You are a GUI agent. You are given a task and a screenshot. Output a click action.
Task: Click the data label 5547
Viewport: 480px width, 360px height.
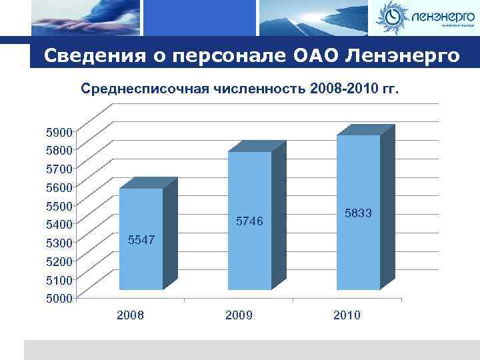[x=141, y=239]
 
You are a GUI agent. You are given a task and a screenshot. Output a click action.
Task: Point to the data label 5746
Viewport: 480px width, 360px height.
[x=250, y=221]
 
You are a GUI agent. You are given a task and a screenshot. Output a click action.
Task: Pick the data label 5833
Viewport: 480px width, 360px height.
[x=359, y=213]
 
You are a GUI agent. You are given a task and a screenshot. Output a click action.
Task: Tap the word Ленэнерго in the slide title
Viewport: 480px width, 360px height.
[x=403, y=55]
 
